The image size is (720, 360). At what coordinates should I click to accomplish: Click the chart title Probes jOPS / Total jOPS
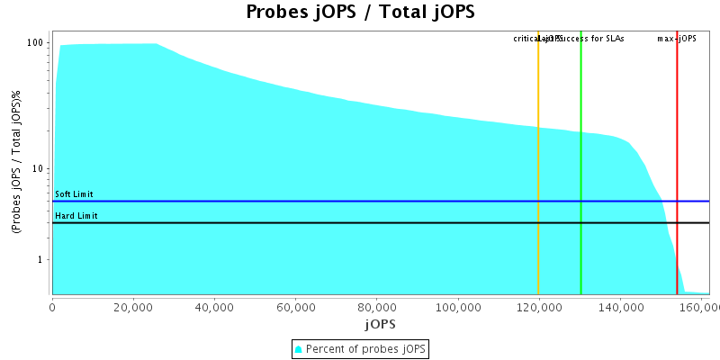point(360,13)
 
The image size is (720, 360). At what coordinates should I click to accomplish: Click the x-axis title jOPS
point(380,323)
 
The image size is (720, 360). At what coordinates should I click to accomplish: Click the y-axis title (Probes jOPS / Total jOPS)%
point(16,163)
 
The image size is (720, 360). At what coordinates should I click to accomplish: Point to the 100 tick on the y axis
point(36,43)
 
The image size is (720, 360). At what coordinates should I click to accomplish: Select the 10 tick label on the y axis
point(39,169)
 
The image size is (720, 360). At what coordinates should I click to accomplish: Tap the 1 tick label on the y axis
point(41,260)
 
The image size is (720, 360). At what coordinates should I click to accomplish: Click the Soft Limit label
point(74,194)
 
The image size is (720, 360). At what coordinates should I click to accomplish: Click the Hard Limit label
point(76,216)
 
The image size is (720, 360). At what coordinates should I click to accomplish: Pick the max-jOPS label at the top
point(677,39)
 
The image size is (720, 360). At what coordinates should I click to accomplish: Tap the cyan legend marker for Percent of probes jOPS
point(299,348)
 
